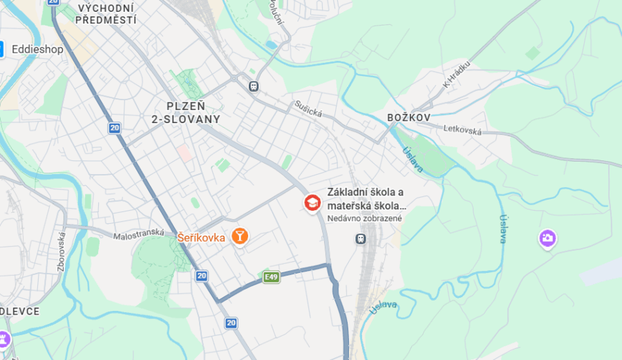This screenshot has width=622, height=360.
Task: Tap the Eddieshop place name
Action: click(37, 49)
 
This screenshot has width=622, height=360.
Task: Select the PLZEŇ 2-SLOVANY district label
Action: click(186, 112)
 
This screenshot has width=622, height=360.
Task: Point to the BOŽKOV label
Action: click(408, 117)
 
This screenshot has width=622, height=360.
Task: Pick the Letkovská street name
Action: click(462, 129)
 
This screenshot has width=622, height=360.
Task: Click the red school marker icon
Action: click(313, 202)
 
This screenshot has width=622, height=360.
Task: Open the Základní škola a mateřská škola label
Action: click(366, 199)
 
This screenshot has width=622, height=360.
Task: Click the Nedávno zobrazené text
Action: click(364, 218)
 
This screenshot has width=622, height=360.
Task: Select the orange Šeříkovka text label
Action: click(201, 237)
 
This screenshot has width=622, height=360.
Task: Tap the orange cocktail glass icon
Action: click(240, 236)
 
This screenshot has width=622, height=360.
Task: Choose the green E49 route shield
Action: click(271, 277)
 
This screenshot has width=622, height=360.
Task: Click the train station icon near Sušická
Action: click(254, 86)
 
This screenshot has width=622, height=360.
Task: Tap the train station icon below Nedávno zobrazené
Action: click(360, 238)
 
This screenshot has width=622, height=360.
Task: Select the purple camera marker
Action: click(547, 238)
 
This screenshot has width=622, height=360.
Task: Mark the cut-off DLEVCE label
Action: click(19, 311)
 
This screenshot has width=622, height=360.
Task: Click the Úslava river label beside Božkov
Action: click(413, 160)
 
